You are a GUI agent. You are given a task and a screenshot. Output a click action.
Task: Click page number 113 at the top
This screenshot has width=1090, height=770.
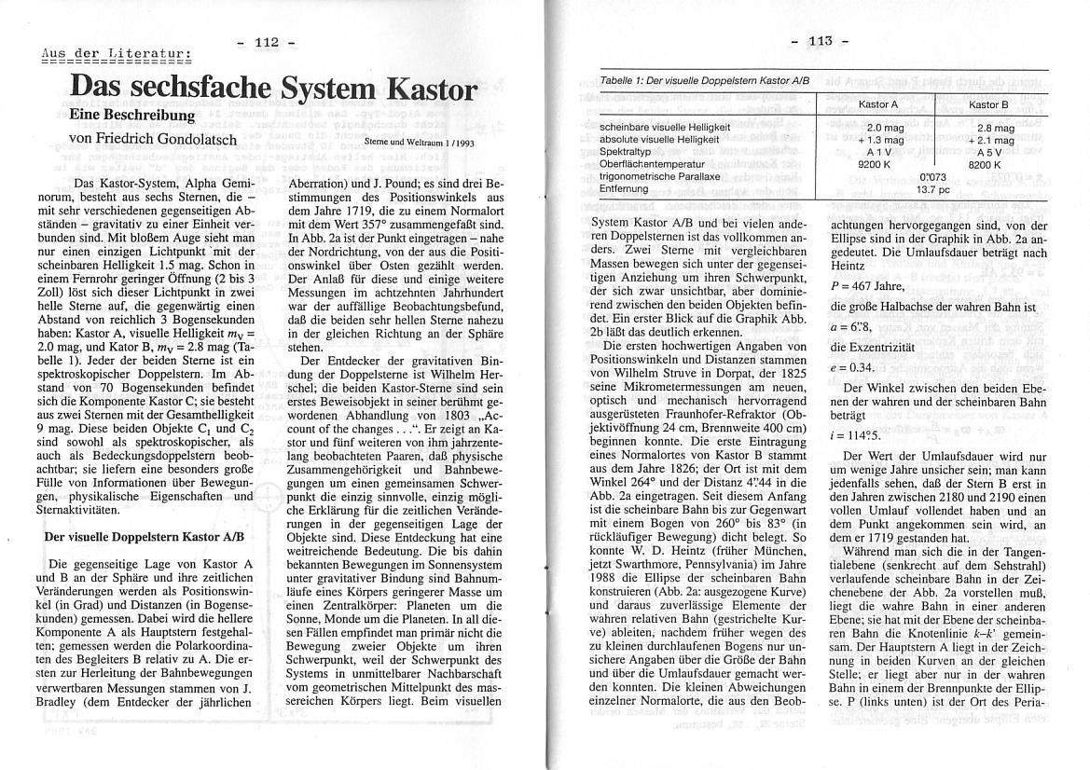tap(820, 41)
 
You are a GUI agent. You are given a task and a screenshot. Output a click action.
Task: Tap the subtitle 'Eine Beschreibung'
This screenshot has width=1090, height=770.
tap(131, 115)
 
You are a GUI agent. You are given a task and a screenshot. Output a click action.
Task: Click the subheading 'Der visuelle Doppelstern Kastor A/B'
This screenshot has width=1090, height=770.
tap(145, 537)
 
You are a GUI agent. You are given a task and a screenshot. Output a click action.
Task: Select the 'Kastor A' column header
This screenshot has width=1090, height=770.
tap(877, 104)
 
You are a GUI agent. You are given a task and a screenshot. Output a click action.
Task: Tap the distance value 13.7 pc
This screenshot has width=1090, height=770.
tap(932, 188)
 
